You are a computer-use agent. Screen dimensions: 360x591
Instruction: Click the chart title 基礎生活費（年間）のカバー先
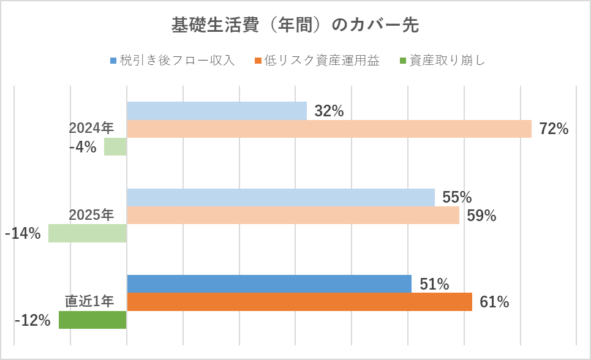[295, 26]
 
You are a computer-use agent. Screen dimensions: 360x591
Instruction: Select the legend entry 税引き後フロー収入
[178, 61]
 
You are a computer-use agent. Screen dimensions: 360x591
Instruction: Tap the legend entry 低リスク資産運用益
[322, 61]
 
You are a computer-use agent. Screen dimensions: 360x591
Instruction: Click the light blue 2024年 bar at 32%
[216, 111]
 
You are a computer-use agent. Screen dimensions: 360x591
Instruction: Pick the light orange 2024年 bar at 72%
[329, 129]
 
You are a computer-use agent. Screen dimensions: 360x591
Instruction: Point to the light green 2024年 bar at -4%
[115, 147]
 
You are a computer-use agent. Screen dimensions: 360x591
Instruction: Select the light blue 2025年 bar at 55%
[280, 198]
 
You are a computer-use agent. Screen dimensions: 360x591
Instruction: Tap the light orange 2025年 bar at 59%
[293, 216]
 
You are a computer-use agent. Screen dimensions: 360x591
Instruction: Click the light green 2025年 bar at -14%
[88, 233]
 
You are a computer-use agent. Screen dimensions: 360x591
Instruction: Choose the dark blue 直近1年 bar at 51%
[269, 284]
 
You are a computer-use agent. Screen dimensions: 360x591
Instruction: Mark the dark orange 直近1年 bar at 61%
[299, 302]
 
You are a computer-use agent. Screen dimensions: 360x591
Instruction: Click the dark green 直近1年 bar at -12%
[92, 320]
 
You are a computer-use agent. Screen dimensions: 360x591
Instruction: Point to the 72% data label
[554, 129]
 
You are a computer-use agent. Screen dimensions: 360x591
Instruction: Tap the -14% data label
[23, 233]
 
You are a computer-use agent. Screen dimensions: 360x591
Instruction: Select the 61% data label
[495, 302]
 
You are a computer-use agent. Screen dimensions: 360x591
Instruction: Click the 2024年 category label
[91, 128]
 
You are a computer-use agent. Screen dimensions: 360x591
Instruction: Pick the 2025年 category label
[91, 215]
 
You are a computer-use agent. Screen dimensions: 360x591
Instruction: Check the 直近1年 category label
[89, 301]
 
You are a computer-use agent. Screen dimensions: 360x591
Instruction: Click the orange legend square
[260, 61]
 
